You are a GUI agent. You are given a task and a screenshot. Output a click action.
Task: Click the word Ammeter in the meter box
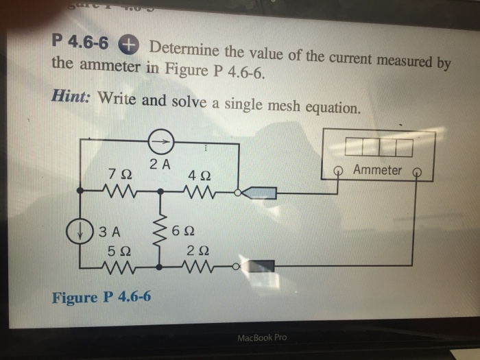tap(378, 169)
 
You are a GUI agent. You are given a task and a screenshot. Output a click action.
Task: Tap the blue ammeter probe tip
tap(260, 193)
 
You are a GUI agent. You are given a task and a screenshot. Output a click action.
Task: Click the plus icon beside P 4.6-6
tap(128, 45)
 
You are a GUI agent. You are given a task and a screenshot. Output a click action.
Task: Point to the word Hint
tap(72, 97)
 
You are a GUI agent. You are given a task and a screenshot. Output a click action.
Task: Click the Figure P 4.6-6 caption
tap(102, 298)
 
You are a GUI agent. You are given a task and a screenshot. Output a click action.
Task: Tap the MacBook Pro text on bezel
tap(262, 337)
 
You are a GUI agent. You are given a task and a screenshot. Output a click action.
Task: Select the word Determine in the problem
tap(185, 49)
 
